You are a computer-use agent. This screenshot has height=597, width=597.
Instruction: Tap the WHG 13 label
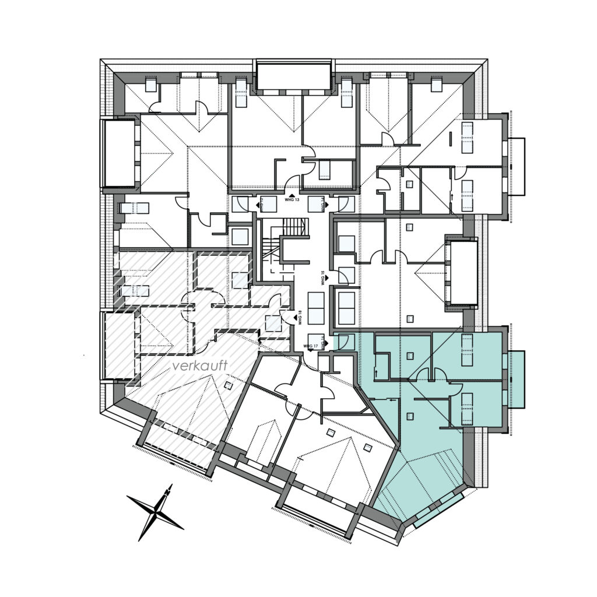(292, 200)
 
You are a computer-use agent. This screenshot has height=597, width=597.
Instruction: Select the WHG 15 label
(322, 276)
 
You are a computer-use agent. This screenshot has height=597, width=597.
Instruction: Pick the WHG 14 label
(322, 204)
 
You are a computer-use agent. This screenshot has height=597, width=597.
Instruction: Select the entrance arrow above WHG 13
(292, 195)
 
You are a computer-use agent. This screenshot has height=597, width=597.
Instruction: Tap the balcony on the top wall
(293, 76)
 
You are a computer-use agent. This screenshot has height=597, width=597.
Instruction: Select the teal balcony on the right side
(517, 380)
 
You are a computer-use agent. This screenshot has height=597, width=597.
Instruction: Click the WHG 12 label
(263, 204)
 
